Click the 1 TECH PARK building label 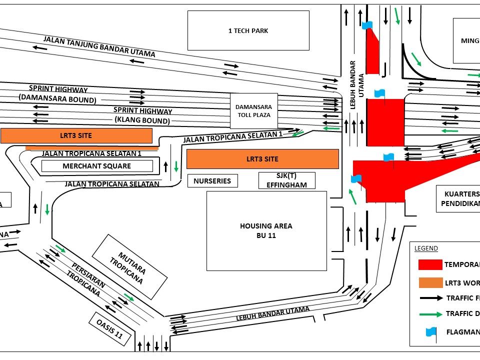click(248, 30)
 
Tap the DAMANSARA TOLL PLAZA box click(253, 110)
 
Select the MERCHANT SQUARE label click(97, 166)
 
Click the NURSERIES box click(212, 180)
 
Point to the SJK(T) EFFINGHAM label click(286, 180)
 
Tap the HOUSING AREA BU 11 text click(266, 230)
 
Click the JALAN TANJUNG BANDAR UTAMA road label click(99, 46)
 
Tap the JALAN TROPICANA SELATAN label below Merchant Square click(112, 184)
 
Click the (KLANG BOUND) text click(142, 120)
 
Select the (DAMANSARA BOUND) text click(57, 99)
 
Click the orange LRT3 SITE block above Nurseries click(262, 159)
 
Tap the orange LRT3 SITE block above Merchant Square click(76, 135)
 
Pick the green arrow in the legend click(430, 314)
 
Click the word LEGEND click(426, 248)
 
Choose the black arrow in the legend click(430, 298)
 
